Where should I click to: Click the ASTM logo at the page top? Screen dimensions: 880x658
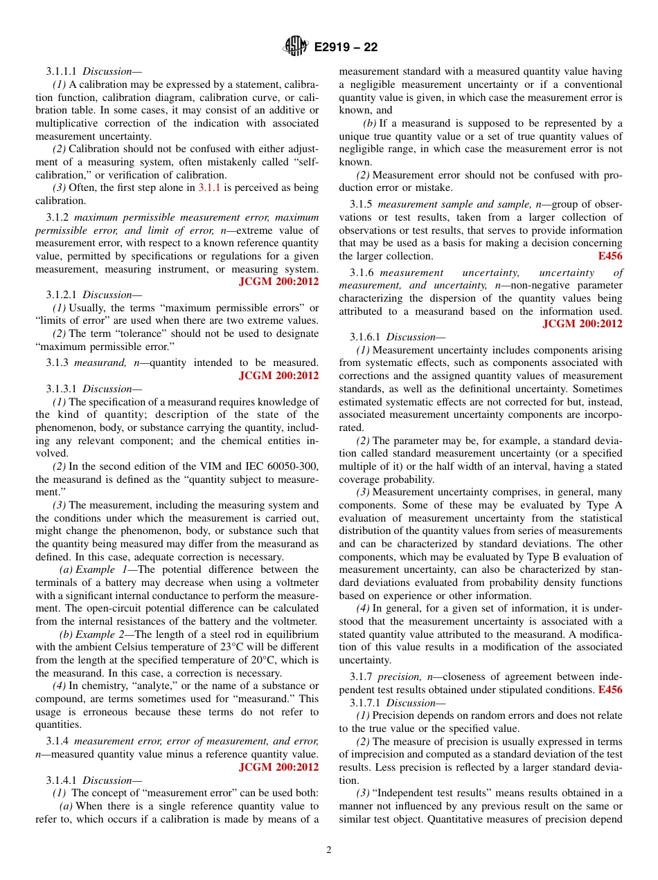tap(296, 47)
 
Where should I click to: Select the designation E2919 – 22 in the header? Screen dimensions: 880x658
tap(346, 48)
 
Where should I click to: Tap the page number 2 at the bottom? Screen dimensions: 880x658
tap(329, 850)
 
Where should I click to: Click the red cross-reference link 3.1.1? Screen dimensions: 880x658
tap(210, 187)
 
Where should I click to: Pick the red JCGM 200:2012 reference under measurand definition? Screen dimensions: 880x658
tap(278, 376)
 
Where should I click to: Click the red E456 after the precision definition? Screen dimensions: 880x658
tap(610, 690)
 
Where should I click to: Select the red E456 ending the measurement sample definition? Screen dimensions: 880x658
tap(610, 256)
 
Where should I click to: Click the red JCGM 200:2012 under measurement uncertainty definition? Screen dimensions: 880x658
tap(582, 324)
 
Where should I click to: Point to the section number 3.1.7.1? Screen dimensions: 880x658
tap(365, 703)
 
